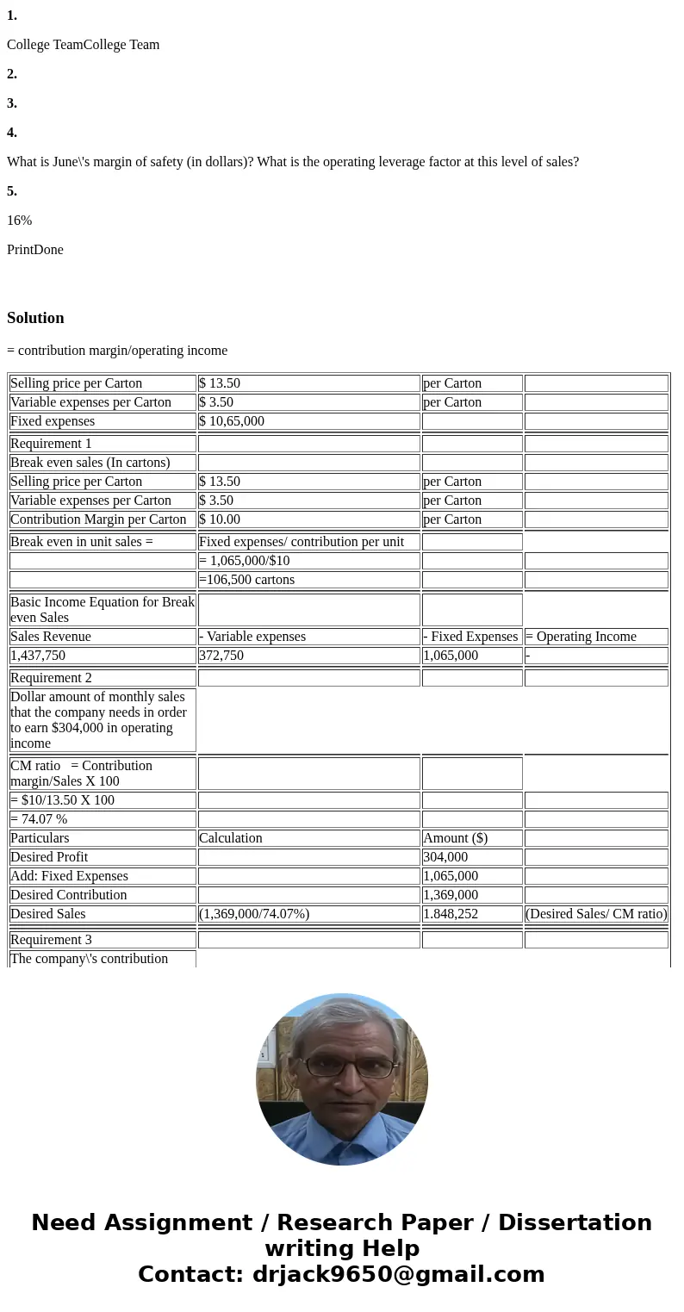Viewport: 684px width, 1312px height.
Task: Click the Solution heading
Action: [x=35, y=318]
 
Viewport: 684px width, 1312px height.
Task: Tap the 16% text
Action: [x=19, y=221]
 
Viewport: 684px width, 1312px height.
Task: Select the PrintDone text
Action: [x=34, y=250]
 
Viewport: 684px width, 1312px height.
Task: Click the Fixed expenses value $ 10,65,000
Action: [x=232, y=421]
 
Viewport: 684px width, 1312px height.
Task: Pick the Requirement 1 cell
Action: [x=51, y=444]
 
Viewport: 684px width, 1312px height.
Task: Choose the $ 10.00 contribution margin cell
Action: [x=220, y=519]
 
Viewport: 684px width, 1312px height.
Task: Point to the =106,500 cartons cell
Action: [x=246, y=580]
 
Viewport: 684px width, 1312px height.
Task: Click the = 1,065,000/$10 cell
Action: [x=245, y=561]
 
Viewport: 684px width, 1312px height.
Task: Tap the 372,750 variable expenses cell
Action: [x=221, y=656]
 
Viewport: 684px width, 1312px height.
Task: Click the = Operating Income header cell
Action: [x=581, y=637]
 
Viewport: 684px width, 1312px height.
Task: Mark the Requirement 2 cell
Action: [x=51, y=678]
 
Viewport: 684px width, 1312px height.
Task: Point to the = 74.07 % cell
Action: [x=39, y=819]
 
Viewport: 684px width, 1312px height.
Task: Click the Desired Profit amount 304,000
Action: [x=445, y=857]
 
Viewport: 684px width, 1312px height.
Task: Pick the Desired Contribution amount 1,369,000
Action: [x=451, y=895]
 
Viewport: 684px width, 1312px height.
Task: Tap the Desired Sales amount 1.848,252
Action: [x=451, y=914]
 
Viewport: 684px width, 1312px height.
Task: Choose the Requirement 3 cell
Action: [x=51, y=940]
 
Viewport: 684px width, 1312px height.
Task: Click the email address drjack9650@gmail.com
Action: [x=398, y=1274]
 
